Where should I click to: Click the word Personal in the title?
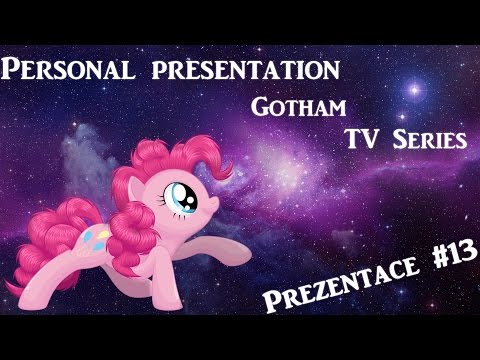tap(67, 70)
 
